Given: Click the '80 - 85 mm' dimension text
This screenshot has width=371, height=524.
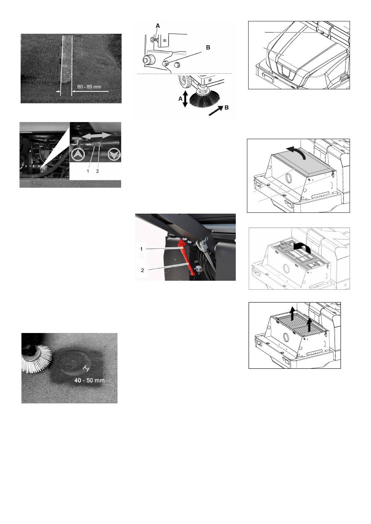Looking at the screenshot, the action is (89, 87).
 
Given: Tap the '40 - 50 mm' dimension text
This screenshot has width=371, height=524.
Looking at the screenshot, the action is (89, 380).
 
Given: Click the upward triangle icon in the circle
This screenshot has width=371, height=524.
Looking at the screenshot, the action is (78, 155).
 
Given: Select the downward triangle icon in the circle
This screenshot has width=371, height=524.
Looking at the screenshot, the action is (114, 155).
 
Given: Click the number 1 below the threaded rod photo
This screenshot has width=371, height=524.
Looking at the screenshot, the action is (88, 171).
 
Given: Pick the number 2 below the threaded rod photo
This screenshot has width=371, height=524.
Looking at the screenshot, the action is (97, 171).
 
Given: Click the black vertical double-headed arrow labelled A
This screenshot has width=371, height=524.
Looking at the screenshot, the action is (185, 99).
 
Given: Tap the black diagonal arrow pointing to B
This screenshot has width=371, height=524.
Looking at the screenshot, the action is (216, 110).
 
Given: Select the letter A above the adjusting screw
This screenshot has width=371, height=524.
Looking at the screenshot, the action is (157, 26).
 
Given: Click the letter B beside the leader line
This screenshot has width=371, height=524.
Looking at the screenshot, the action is (208, 47).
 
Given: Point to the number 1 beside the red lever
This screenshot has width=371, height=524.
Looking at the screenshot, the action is (141, 249).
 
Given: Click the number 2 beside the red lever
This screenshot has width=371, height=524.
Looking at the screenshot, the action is (142, 270).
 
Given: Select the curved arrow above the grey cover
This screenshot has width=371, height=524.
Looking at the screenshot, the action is (297, 152).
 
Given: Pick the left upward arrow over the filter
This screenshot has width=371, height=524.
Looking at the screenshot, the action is (292, 314).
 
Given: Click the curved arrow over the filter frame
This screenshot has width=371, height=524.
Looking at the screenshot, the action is (303, 247).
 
